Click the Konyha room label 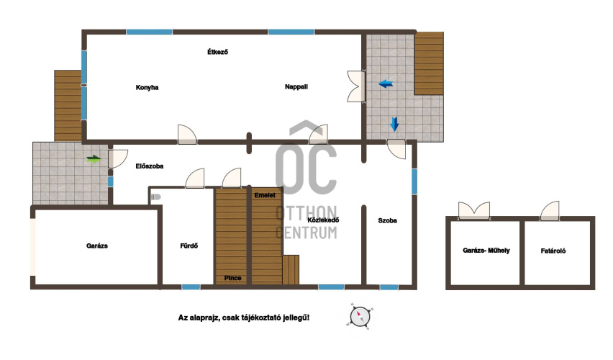[x=147, y=87]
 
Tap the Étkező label [x=217, y=52]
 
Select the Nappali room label [x=296, y=87]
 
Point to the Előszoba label [x=150, y=166]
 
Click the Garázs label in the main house [x=97, y=246]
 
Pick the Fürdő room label [x=189, y=246]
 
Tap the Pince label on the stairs [x=232, y=278]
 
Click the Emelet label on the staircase [x=265, y=195]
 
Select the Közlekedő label [x=323, y=220]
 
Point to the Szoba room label [x=387, y=221]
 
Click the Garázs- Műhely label [x=486, y=251]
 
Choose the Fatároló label [x=553, y=251]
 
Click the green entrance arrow [x=94, y=159]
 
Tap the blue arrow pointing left [x=386, y=84]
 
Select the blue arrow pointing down [x=394, y=125]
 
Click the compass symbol [x=360, y=316]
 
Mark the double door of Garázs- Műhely [x=474, y=210]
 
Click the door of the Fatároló [x=550, y=210]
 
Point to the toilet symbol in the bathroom [x=155, y=197]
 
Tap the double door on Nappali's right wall [x=355, y=86]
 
